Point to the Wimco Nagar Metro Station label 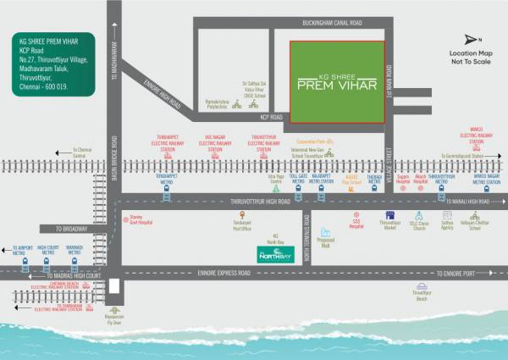point(486,180)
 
